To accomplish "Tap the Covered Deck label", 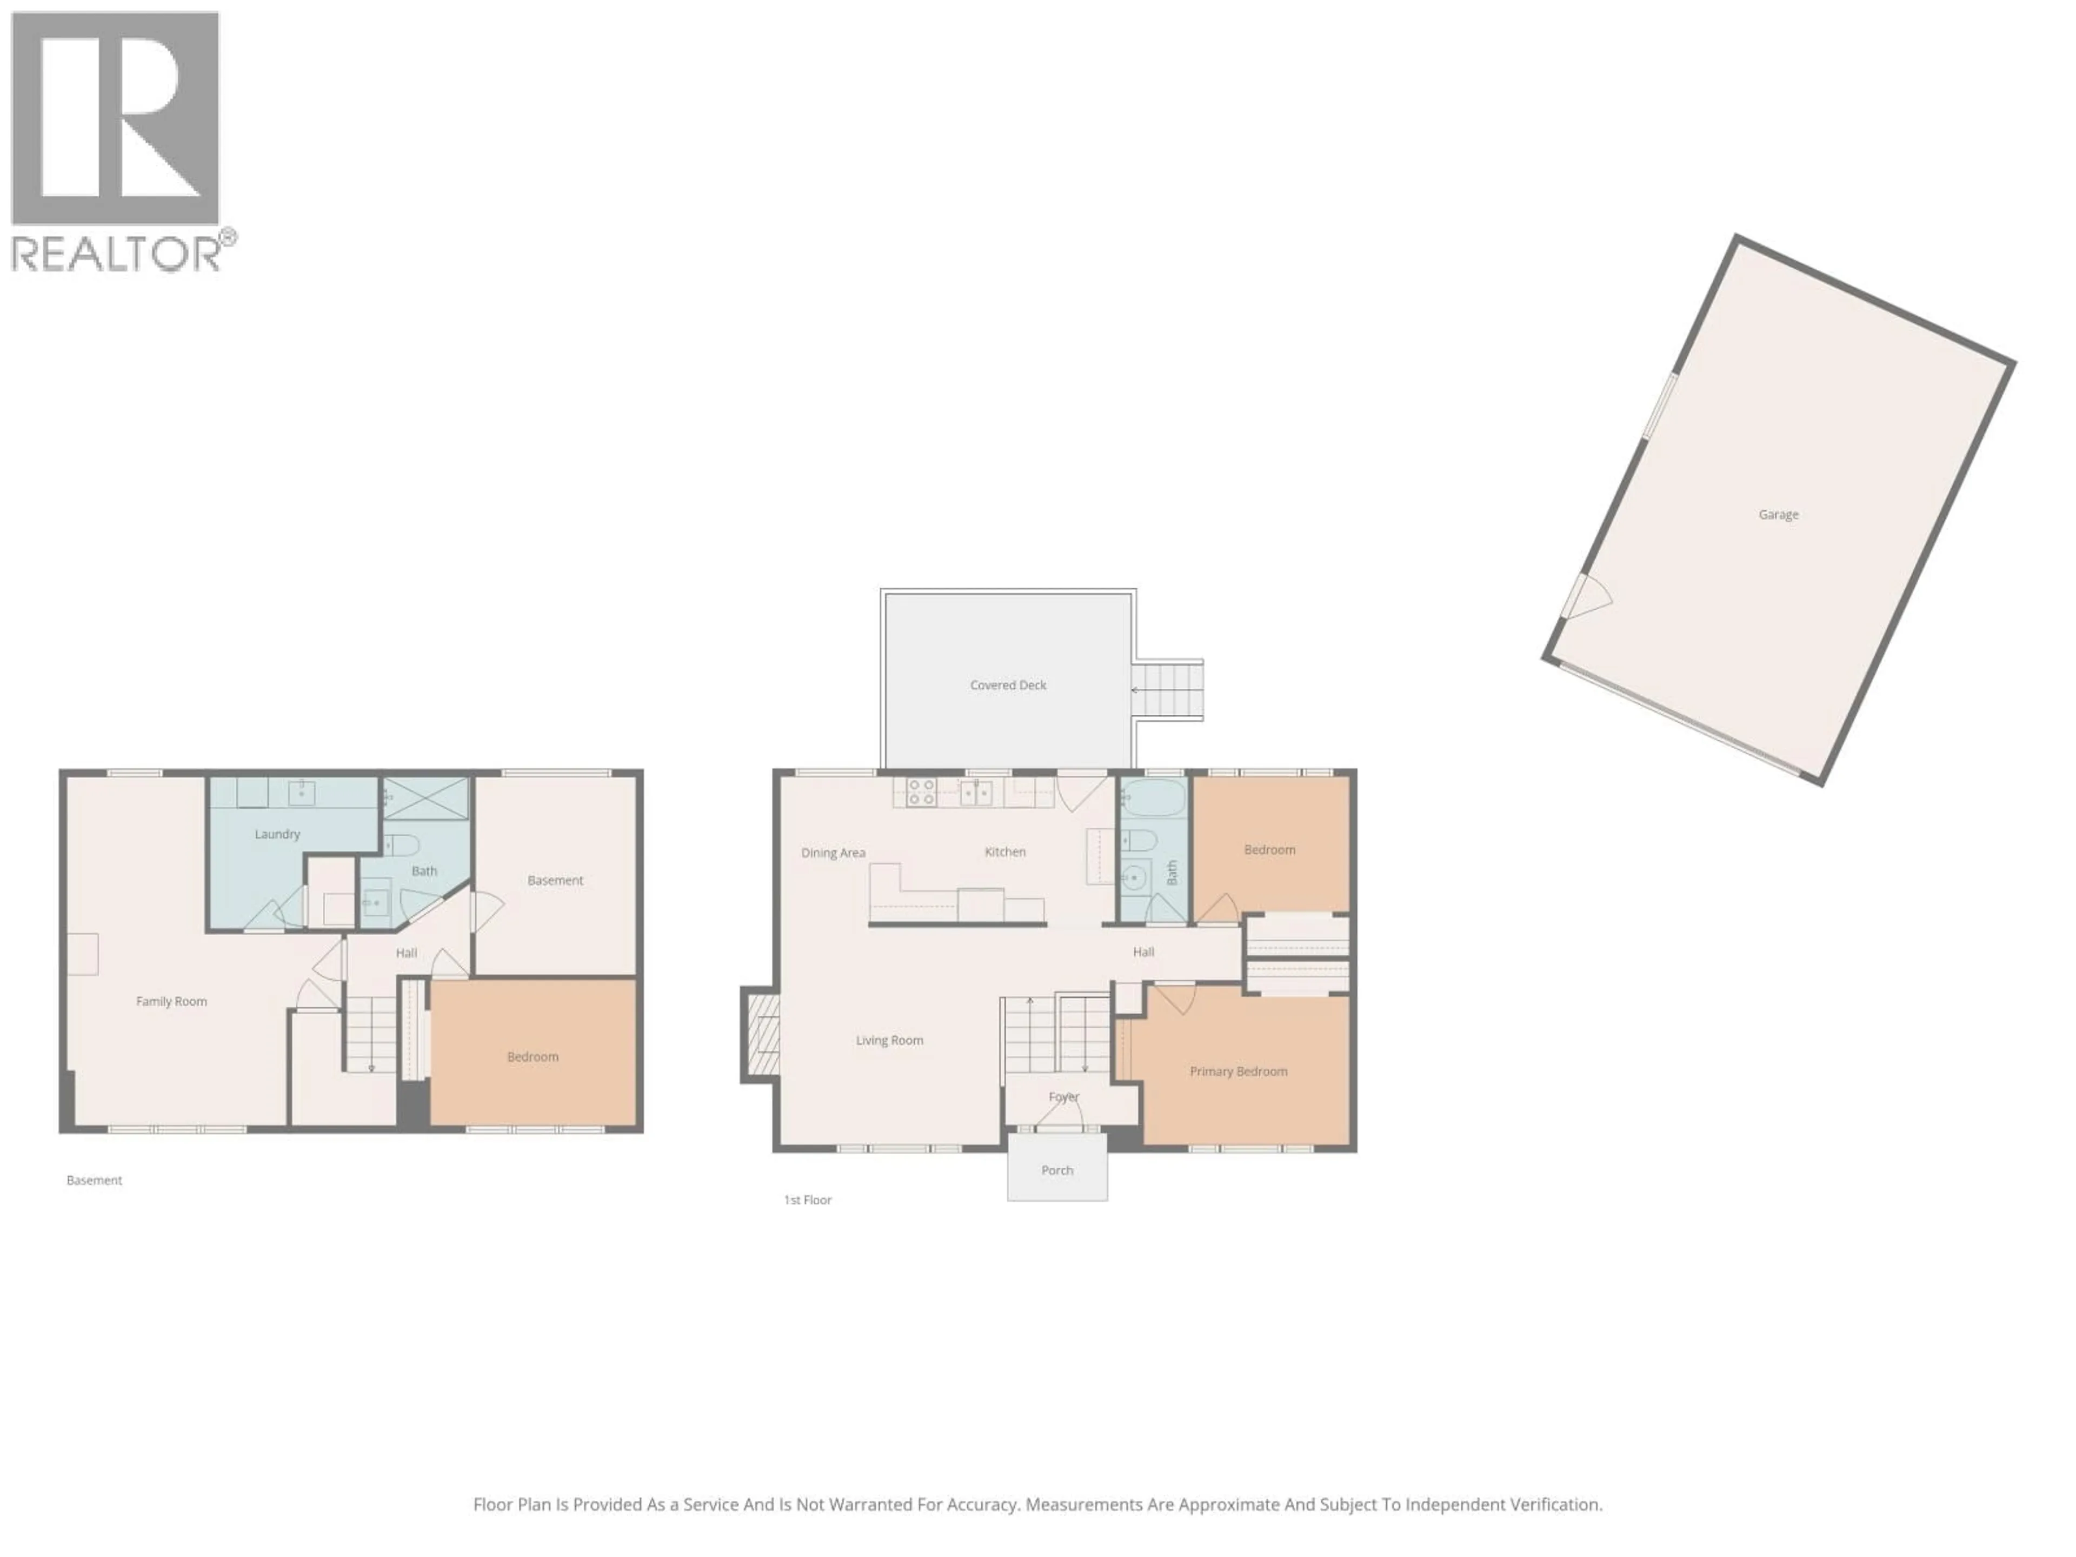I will pyautogui.click(x=1008, y=685).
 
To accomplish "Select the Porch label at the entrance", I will pyautogui.click(x=1057, y=1170).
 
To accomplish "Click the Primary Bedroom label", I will pyautogui.click(x=1238, y=1071).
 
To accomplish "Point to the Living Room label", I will pyautogui.click(x=889, y=1040).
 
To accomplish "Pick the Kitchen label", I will pyautogui.click(x=1004, y=852).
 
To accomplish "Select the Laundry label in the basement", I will pyautogui.click(x=277, y=834).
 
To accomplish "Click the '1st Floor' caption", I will pyautogui.click(x=807, y=1200).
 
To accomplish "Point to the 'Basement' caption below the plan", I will pyautogui.click(x=94, y=1180).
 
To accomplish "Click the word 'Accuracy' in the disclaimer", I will pyautogui.click(x=983, y=1505).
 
